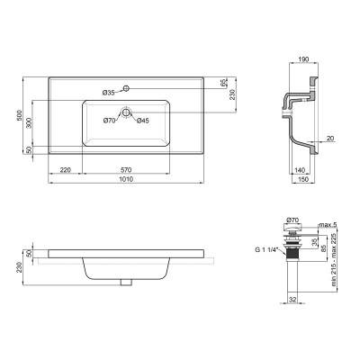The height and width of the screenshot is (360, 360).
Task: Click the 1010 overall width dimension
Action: coord(135,180)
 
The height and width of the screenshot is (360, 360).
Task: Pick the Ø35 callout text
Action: coord(107,92)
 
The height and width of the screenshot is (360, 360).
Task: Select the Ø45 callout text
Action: coord(142,121)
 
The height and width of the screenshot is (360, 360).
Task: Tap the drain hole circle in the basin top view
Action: coord(129,113)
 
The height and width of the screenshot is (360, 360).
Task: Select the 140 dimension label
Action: coord(299,168)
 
